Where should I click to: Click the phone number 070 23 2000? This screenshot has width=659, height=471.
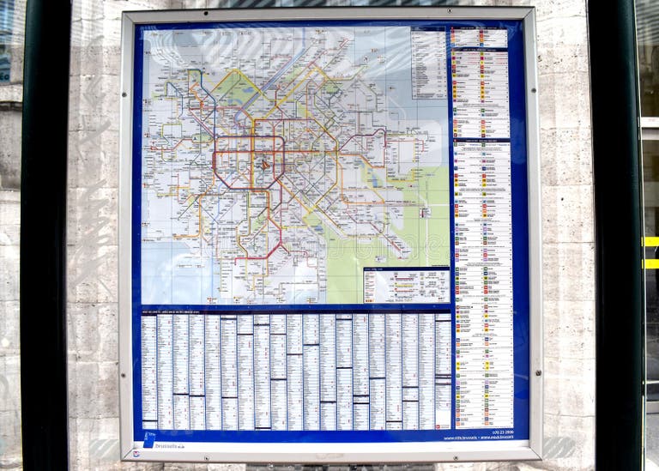click(497, 431)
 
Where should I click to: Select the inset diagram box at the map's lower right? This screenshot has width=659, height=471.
click(406, 286)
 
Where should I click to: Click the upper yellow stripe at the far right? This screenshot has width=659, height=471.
click(651, 242)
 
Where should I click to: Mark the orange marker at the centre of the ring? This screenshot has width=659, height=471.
click(265, 163)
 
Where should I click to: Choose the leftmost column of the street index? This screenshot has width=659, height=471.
click(148, 371)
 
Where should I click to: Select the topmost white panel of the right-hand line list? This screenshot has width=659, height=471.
click(480, 38)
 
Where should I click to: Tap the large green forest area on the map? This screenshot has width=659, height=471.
click(420, 223)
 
